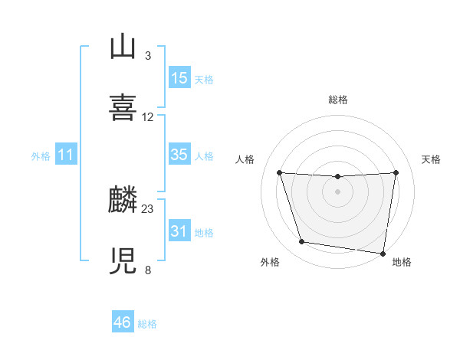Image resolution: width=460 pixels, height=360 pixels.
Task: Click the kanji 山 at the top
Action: [x=123, y=47]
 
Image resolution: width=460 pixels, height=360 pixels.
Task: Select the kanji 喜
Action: [x=123, y=106]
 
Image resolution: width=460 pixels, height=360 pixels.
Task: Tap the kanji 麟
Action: [x=123, y=201]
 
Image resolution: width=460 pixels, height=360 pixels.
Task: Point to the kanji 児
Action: [x=123, y=260]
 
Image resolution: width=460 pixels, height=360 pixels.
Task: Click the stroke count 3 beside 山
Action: [x=147, y=55]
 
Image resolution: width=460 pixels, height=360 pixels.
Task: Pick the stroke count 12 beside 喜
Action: [x=148, y=117]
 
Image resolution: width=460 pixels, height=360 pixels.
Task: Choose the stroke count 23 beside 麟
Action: [x=148, y=209]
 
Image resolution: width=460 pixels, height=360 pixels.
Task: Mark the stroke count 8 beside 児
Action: [x=147, y=270]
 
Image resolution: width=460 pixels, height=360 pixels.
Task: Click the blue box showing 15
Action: [x=179, y=78]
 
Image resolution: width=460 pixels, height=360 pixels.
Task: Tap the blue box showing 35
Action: [x=179, y=155]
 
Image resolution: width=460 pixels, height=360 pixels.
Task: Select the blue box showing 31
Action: [x=179, y=231]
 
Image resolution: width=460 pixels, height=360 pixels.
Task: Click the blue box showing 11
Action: [x=66, y=155]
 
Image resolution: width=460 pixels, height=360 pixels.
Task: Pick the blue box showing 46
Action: [x=123, y=322]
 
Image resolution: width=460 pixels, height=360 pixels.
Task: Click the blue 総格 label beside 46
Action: [x=147, y=324]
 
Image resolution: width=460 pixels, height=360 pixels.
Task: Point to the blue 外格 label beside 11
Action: [x=41, y=156]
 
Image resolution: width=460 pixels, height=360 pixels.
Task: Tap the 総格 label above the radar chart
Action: [x=338, y=100]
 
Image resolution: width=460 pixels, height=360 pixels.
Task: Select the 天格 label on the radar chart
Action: [x=432, y=159]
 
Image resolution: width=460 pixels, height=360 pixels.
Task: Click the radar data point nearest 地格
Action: [x=383, y=253]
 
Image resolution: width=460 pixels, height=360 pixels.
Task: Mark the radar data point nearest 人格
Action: [x=279, y=173]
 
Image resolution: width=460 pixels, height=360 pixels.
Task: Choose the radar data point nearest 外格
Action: [x=302, y=242]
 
